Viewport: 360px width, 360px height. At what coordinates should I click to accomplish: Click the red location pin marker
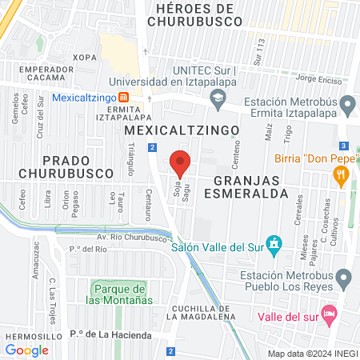point(181,163)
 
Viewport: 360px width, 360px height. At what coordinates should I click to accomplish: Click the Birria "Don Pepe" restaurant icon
point(342,174)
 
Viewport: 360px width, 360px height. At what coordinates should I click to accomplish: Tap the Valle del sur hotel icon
point(326,312)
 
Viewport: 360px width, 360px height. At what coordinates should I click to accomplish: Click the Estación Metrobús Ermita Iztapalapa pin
point(346,104)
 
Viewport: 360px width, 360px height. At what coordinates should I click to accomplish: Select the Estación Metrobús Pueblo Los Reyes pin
point(345,280)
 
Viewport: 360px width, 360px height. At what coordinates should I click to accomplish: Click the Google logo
point(27,350)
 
